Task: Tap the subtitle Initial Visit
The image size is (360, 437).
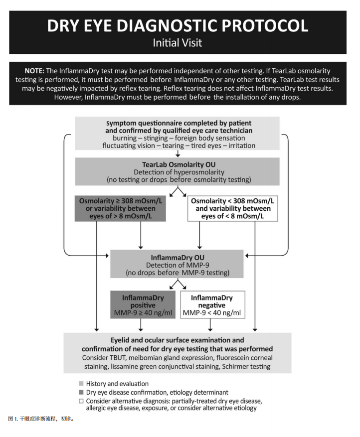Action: point(178,43)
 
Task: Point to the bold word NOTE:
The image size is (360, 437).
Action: point(34,71)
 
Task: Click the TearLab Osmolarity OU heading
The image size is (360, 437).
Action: point(179,164)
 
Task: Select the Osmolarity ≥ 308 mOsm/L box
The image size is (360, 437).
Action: point(120,208)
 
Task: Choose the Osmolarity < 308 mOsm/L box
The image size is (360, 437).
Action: point(232,208)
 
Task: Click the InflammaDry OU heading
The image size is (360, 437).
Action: point(178,258)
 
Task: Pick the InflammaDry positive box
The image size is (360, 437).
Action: point(143,305)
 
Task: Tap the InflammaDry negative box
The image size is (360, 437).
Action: point(212,305)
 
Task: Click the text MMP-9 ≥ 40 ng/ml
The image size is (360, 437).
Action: point(143,313)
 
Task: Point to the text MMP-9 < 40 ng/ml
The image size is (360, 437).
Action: point(211,313)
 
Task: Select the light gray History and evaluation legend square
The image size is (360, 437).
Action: point(81,384)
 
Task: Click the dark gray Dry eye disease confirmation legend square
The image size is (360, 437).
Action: point(81,393)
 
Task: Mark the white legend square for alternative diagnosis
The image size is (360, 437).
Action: point(81,401)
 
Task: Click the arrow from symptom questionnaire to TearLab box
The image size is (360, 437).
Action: point(178,153)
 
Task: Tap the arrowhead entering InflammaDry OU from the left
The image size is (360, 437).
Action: point(107,256)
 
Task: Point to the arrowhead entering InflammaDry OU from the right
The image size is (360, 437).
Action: point(247,256)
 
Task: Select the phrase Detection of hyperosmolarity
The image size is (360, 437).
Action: point(179,172)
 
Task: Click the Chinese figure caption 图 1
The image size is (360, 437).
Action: point(13,419)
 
